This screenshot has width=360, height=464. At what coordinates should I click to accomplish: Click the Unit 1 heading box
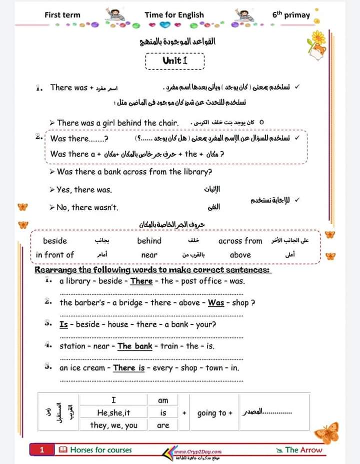click(x=174, y=61)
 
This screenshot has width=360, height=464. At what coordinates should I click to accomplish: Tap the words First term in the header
click(x=62, y=15)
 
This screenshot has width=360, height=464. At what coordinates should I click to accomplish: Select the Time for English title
click(x=174, y=15)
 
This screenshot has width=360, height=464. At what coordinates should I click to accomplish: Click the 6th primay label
click(x=291, y=15)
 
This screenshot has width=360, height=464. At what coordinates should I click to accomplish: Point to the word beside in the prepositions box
click(x=54, y=241)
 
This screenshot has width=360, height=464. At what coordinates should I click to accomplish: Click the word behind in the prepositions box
click(x=149, y=241)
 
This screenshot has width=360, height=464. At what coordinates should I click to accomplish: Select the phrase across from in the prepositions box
click(x=240, y=241)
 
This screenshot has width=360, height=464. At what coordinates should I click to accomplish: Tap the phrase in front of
click(x=54, y=255)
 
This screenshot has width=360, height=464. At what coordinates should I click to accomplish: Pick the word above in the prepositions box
click(x=240, y=255)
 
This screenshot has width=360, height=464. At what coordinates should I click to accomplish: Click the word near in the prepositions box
click(x=149, y=255)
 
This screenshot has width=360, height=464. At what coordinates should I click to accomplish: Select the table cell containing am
click(x=163, y=400)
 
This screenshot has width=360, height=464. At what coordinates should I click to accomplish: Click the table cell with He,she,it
click(x=113, y=413)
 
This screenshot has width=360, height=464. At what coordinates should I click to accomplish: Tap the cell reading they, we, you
click(x=113, y=425)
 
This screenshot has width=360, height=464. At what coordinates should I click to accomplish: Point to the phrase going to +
click(x=215, y=413)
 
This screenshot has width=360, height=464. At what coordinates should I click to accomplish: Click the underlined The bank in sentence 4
click(x=134, y=346)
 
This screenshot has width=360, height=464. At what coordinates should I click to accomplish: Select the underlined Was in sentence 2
click(x=216, y=302)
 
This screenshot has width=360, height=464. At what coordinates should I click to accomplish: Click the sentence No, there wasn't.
click(x=87, y=207)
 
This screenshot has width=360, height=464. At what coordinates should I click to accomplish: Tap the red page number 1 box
click(x=42, y=450)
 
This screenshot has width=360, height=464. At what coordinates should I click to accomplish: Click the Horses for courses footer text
click(x=100, y=450)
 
